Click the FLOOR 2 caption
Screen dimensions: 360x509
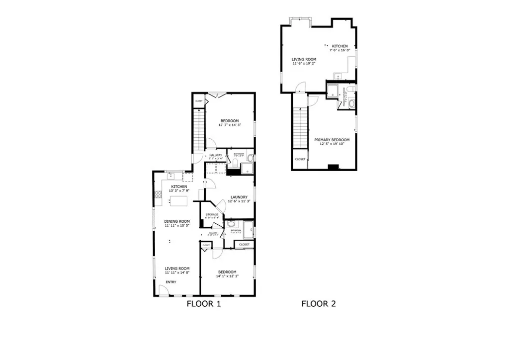(x=318, y=303)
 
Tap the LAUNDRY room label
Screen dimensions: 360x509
(x=238, y=197)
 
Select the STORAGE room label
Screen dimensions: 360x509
(x=212, y=214)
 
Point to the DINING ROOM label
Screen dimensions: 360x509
(x=177, y=221)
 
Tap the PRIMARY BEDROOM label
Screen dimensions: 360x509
(x=332, y=140)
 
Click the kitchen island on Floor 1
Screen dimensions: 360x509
(x=179, y=201)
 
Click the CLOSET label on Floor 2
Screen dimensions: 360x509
(x=300, y=160)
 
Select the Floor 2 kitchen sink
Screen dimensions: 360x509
(x=337, y=77)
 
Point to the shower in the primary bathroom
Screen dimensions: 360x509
(x=333, y=92)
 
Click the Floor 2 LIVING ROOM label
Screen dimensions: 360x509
(x=304, y=59)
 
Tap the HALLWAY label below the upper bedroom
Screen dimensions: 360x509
(x=215, y=156)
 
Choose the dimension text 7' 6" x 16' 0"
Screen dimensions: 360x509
(x=340, y=50)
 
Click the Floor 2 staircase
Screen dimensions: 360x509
(x=300, y=127)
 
